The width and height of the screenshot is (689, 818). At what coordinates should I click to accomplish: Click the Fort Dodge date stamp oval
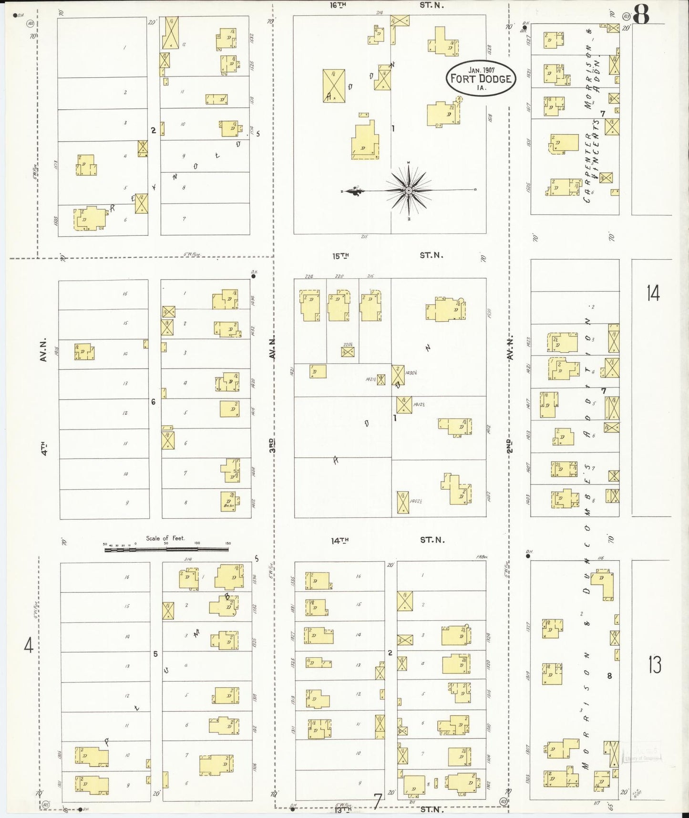click(x=481, y=78)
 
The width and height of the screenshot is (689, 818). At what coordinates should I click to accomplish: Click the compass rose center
click(x=409, y=190)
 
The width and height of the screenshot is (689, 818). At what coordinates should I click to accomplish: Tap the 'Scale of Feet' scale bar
click(x=166, y=549)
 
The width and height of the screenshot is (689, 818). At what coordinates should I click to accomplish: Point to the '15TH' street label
click(x=340, y=256)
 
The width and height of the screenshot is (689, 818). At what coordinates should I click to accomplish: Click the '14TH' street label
click(x=340, y=540)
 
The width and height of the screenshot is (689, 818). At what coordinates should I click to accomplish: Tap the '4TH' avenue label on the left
click(x=44, y=449)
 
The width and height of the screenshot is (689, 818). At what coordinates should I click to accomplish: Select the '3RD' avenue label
click(x=272, y=445)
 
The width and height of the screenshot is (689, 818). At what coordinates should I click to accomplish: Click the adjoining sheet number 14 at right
click(x=653, y=292)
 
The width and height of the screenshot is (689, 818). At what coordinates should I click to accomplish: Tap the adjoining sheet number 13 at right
click(x=654, y=664)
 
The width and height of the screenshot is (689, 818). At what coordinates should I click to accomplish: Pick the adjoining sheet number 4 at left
click(x=29, y=646)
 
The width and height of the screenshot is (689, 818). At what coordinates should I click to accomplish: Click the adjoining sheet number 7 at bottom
click(x=378, y=801)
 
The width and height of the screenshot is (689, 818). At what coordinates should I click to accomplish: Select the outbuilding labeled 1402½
click(x=403, y=502)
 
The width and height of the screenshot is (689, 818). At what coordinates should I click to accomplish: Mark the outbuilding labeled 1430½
click(x=398, y=375)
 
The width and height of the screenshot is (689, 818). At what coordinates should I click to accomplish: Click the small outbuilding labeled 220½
click(x=348, y=352)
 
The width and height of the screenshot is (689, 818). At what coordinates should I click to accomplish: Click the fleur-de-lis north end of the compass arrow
click(x=353, y=191)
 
